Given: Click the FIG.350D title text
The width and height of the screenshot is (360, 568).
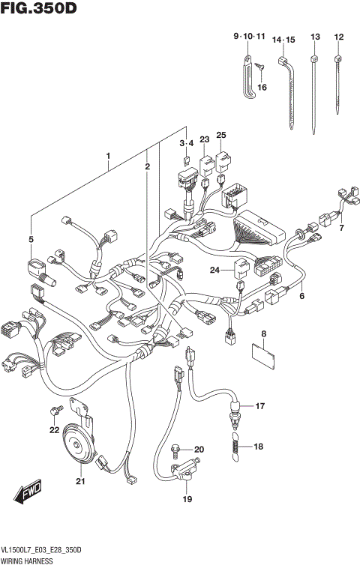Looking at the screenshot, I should tap(39, 10).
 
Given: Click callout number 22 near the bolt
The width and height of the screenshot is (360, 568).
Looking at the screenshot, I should tap(53, 429).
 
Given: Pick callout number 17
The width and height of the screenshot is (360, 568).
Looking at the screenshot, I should tap(259, 406).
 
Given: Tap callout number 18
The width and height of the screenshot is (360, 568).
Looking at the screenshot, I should tap(259, 447).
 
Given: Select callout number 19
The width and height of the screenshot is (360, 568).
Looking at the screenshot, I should tap(187, 499).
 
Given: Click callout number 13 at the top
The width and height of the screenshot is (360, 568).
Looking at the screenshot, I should tap(315, 37).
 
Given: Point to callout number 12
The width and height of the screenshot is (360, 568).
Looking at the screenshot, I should tap(339, 37).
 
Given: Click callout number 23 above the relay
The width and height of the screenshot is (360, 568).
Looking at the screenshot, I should tap(204, 139).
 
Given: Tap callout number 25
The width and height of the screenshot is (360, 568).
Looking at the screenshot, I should tap(221, 135).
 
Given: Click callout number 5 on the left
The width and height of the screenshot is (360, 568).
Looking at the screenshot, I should tap(31, 239).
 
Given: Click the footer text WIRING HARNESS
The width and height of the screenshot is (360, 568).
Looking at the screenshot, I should tap(32, 560).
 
